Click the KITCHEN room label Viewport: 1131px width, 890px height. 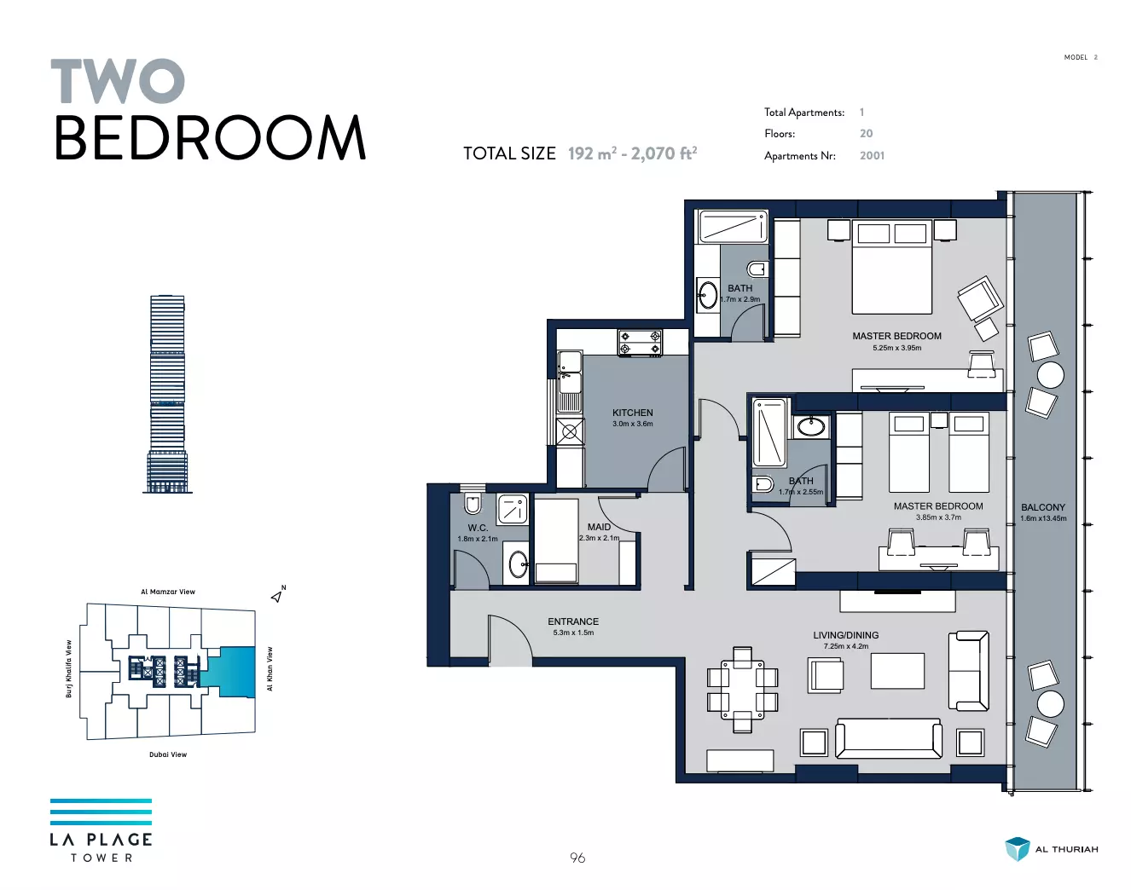[x=632, y=413]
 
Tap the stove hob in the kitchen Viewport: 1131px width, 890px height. [x=640, y=343]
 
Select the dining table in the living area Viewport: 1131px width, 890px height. [x=742, y=689]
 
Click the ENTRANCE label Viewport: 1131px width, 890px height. [x=573, y=621]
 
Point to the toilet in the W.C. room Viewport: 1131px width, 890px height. [x=473, y=503]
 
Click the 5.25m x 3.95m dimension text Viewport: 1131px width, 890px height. [x=896, y=348]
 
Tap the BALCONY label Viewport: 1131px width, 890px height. [x=1042, y=507]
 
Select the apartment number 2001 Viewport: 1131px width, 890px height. [x=872, y=155]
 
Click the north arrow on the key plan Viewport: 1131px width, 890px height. [x=277, y=596]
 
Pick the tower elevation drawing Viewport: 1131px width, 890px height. [x=168, y=394]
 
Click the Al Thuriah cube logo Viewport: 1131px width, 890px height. [x=1017, y=849]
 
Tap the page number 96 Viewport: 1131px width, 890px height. [x=577, y=858]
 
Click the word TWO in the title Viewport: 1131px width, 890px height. [x=118, y=81]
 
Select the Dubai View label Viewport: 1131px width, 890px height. [x=168, y=754]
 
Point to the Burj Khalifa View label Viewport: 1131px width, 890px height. [x=68, y=669]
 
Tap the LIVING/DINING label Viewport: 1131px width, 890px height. [x=845, y=635]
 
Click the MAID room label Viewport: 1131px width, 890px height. [x=599, y=527]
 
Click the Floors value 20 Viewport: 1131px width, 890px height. [x=866, y=134]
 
